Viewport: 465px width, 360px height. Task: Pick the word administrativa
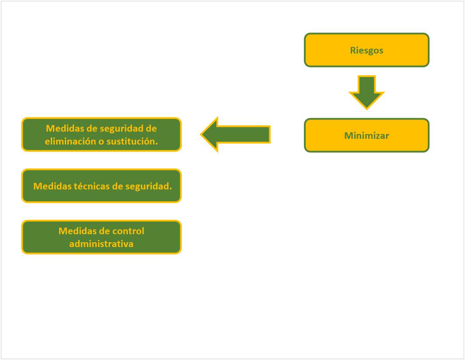point(101,244)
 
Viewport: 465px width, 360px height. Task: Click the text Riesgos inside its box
point(366,50)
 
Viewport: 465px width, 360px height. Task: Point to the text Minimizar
point(366,136)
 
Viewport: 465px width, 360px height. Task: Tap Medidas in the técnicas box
point(51,186)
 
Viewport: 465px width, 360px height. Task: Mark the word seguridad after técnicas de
point(148,186)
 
